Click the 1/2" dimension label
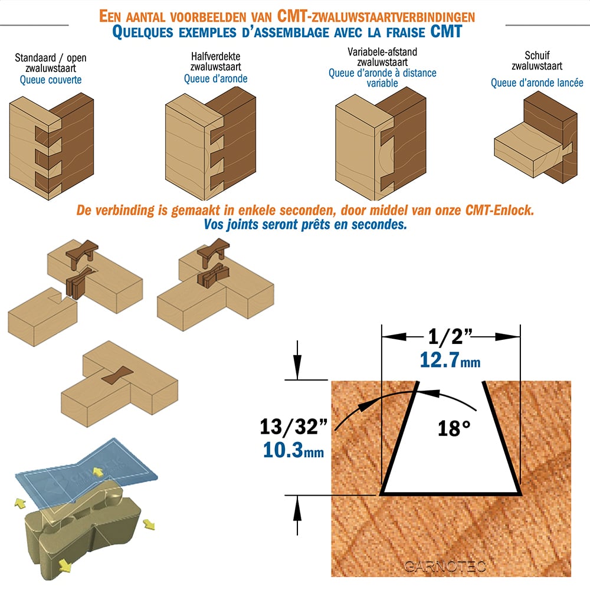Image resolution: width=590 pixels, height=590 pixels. tap(450, 336)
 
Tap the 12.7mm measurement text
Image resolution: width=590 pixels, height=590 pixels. tap(450, 360)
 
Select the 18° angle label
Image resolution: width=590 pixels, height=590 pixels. tap(454, 428)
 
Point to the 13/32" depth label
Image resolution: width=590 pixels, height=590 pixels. tap(293, 427)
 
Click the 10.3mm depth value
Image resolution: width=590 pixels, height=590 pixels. tap(293, 450)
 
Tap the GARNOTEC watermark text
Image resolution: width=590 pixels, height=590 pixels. tap(445, 566)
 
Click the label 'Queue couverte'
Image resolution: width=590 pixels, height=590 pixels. tap(51, 80)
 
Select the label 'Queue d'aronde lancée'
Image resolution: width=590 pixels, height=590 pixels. tap(537, 83)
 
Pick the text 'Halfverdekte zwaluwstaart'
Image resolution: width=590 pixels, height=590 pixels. tap(215, 61)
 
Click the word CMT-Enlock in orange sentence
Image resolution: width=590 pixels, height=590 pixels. tap(500, 209)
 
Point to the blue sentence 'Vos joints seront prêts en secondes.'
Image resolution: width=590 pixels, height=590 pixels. tap(306, 225)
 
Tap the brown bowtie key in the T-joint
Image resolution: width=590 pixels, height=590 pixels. tap(117, 375)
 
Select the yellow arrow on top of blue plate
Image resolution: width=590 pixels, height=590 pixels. tap(99, 472)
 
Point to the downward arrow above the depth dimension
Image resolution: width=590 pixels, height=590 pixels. tap(297, 360)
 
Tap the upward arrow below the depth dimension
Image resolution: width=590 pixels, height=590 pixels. tap(297, 515)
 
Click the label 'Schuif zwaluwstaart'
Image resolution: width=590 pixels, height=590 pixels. tap(537, 61)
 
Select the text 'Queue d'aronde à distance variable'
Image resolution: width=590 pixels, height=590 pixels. tap(382, 78)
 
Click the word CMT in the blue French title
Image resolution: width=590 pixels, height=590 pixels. tap(446, 32)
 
